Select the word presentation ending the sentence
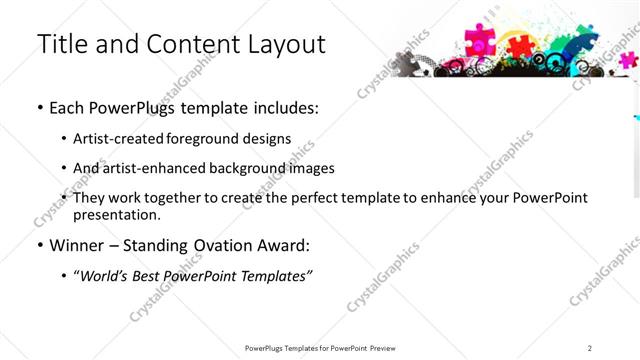click(115, 214)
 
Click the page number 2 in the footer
click(590, 348)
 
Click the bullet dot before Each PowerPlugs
click(39, 108)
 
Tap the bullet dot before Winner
click(39, 245)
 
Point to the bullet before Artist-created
click(63, 138)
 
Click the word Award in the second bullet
click(259, 245)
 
